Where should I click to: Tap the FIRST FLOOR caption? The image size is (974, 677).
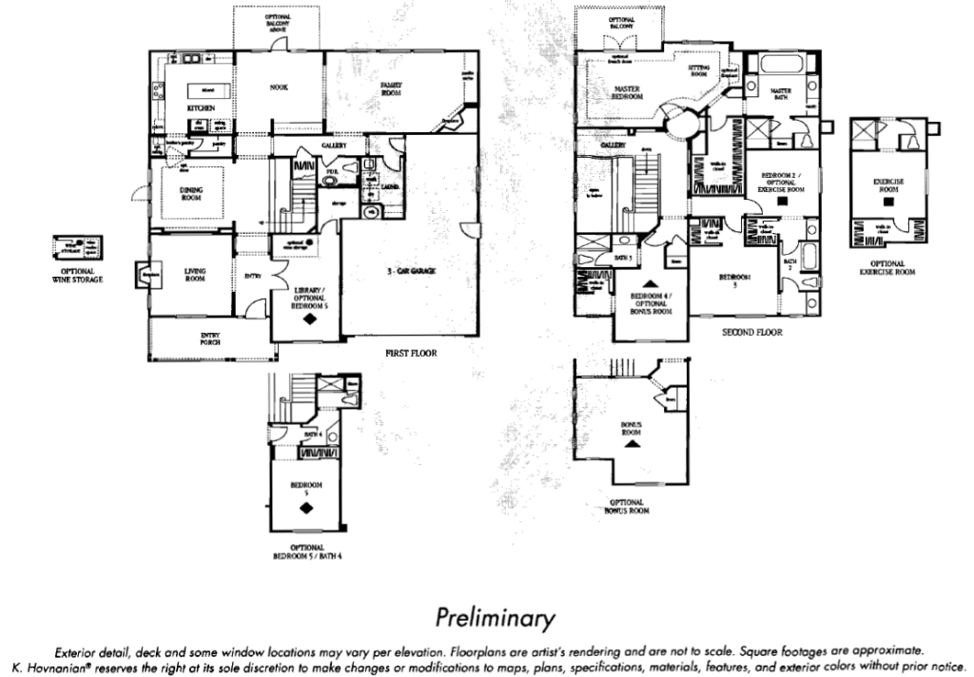(410, 352)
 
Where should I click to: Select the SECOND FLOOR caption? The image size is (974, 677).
(751, 333)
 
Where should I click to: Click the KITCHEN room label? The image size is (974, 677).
(201, 108)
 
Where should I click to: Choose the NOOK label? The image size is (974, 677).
(279, 87)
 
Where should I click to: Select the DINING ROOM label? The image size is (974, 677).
(191, 193)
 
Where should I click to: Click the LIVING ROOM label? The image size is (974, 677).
(195, 275)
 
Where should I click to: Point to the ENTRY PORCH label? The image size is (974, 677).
(210, 338)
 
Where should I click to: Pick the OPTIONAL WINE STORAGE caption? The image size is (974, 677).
(77, 276)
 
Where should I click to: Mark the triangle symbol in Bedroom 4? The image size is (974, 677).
(651, 283)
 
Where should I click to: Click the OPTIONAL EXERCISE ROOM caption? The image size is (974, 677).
(886, 267)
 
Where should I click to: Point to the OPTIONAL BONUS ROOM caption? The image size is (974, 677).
(627, 506)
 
